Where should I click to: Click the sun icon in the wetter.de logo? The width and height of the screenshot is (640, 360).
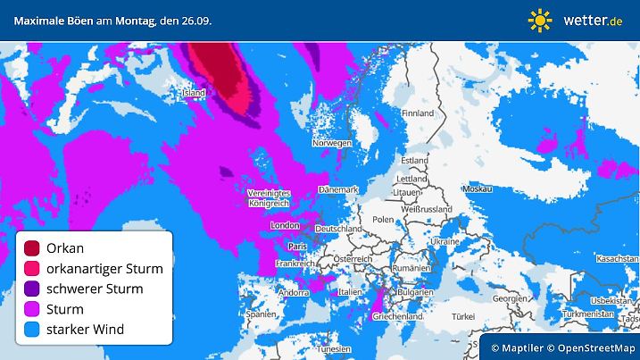pyautogui.click(x=540, y=19)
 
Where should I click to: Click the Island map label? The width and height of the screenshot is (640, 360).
pyautogui.click(x=193, y=92)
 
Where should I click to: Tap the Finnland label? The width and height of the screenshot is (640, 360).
pyautogui.click(x=417, y=113)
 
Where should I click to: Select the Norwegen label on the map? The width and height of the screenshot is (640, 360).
pyautogui.click(x=331, y=142)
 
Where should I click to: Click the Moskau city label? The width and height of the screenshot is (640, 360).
pyautogui.click(x=478, y=190)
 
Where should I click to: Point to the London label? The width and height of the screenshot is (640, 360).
pyautogui.click(x=284, y=226)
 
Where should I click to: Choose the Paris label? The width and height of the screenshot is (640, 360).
pyautogui.click(x=297, y=246)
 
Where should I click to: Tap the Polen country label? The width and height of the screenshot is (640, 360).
pyautogui.click(x=383, y=219)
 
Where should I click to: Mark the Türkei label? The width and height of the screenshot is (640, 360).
pyautogui.click(x=464, y=316)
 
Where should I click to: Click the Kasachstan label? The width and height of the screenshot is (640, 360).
pyautogui.click(x=615, y=257)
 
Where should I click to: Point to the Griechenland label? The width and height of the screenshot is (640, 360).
pyautogui.click(x=398, y=316)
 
